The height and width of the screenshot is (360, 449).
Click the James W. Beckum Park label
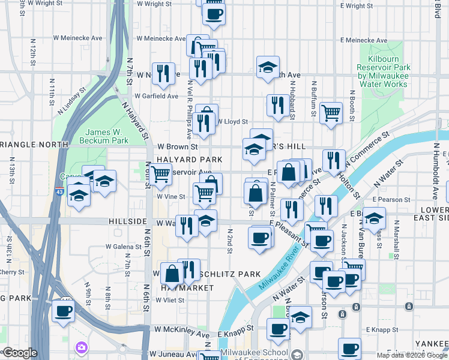tap(107, 136)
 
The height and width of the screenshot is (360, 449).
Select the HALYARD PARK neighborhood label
tap(190, 159)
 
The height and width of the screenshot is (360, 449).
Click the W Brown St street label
tap(178, 146)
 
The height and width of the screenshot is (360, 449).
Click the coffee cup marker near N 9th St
tap(63, 310)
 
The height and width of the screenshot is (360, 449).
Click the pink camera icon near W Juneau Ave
tap(80, 348)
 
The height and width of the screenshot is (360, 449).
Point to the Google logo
tap(20, 353)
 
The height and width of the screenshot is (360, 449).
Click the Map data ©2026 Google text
tap(411, 355)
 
